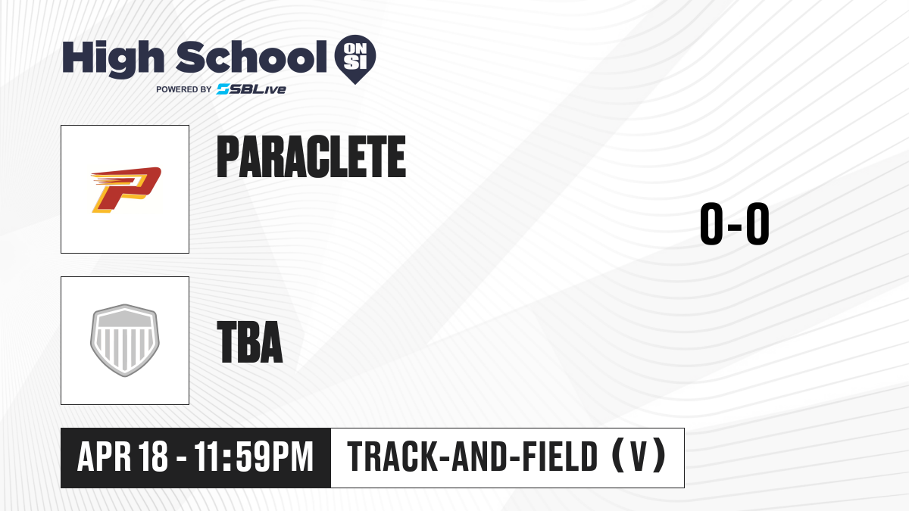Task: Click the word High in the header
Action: [x=113, y=58]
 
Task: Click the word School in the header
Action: [x=251, y=57]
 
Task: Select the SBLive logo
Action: [x=251, y=89]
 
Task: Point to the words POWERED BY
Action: [x=184, y=89]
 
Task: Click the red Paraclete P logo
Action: [x=126, y=189]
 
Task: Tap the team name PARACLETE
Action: [x=311, y=157]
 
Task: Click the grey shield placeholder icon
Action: [x=125, y=340]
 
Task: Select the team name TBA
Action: [x=250, y=342]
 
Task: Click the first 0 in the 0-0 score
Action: [x=711, y=223]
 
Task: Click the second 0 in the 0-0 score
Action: [x=757, y=223]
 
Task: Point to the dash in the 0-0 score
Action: [x=735, y=226]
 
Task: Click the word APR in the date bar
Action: [x=105, y=456]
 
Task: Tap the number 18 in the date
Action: [x=153, y=456]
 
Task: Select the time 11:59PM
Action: [x=254, y=456]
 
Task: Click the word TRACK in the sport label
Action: [x=392, y=456]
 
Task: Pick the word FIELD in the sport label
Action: [x=560, y=456]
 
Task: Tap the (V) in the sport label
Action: [x=639, y=456]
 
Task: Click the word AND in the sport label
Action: [x=479, y=456]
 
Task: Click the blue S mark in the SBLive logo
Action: [x=223, y=89]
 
